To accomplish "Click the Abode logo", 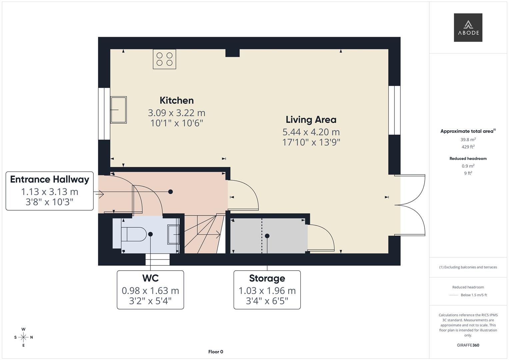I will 468,27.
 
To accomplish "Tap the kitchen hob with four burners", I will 164,59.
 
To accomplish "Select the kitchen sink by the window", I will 118,110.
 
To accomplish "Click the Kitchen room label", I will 176,100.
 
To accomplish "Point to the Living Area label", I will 311,120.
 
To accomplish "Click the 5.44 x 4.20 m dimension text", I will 311,132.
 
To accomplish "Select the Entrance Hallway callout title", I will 50,179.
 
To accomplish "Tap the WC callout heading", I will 150,278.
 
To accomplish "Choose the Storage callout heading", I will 267,278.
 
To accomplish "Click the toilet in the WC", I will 133,234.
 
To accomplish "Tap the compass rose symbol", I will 23,337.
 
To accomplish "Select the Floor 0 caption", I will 216,352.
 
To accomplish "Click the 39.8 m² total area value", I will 468,140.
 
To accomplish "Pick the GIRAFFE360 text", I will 468,345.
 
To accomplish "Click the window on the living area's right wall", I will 394,110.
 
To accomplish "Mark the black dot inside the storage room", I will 267,236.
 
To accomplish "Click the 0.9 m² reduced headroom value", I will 468,166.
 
